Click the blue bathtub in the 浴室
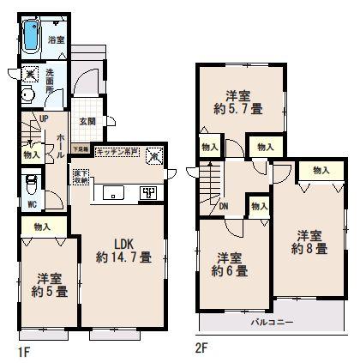[x=32, y=37]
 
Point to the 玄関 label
[x=87, y=120]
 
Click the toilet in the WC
[x=31, y=185]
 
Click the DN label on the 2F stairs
[x=223, y=207]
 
